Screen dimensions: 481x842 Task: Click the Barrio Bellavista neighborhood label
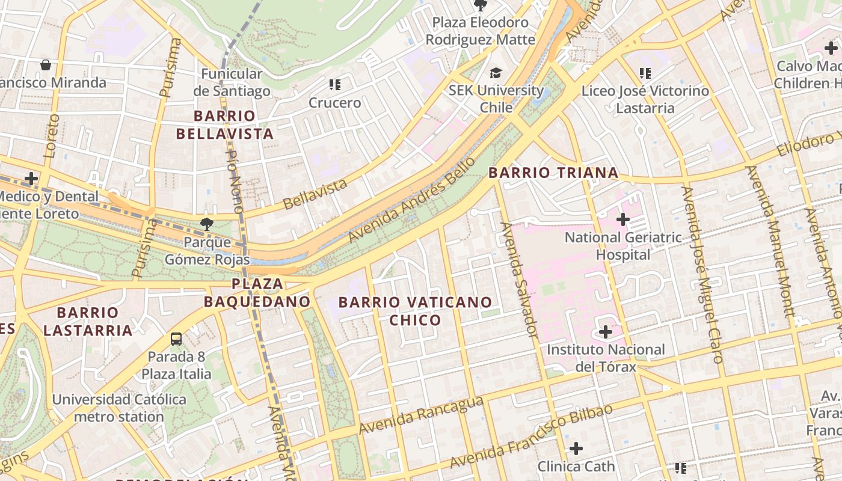click(x=225, y=124)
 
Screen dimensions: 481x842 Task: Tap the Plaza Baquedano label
click(x=257, y=292)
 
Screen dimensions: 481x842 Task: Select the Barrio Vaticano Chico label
click(x=415, y=311)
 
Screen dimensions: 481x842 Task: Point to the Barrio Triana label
click(x=553, y=173)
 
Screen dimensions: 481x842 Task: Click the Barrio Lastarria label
click(x=88, y=321)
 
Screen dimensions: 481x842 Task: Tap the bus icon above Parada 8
click(x=176, y=339)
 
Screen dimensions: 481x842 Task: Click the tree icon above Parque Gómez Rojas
click(x=207, y=224)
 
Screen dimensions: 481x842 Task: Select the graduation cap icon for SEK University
click(x=496, y=73)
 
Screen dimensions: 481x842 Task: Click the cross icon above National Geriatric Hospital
click(x=623, y=219)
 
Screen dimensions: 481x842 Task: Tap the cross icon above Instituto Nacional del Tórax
click(x=606, y=332)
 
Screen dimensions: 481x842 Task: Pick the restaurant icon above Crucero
click(x=335, y=85)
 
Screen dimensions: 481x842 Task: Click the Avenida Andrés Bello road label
click(x=411, y=200)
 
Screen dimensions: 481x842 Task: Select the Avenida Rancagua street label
click(x=421, y=415)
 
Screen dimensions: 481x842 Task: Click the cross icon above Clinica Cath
click(x=576, y=448)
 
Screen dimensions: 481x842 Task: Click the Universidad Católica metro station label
click(x=119, y=408)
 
